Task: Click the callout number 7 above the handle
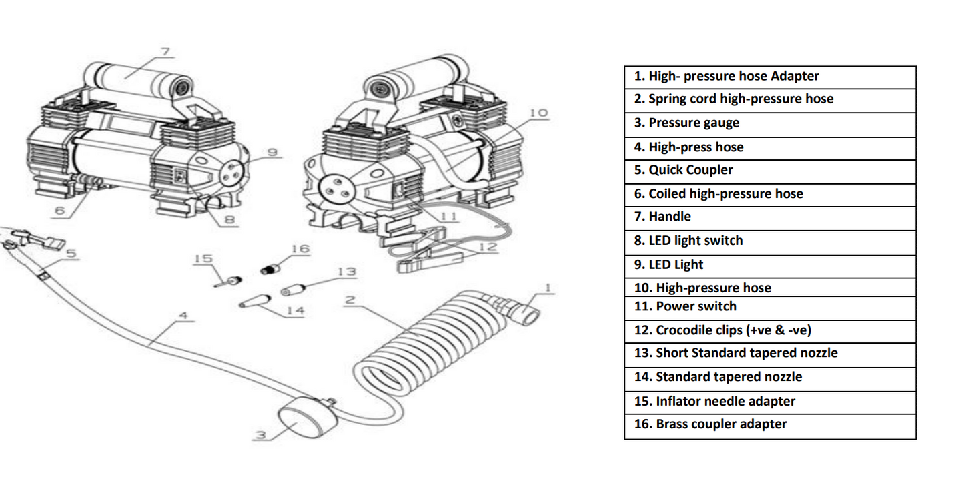tap(166, 51)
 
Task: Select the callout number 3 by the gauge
tap(262, 435)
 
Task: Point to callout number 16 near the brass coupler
tap(300, 249)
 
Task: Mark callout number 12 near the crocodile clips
tap(488, 248)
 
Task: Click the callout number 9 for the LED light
tap(272, 153)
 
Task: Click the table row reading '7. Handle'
tap(770, 217)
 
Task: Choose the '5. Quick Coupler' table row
tap(770, 170)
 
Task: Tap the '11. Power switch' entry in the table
tap(770, 307)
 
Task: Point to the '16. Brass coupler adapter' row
tap(770, 424)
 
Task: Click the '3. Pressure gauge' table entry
tap(770, 123)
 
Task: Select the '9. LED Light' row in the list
tap(770, 265)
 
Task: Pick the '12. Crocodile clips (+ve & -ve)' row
tap(770, 330)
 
